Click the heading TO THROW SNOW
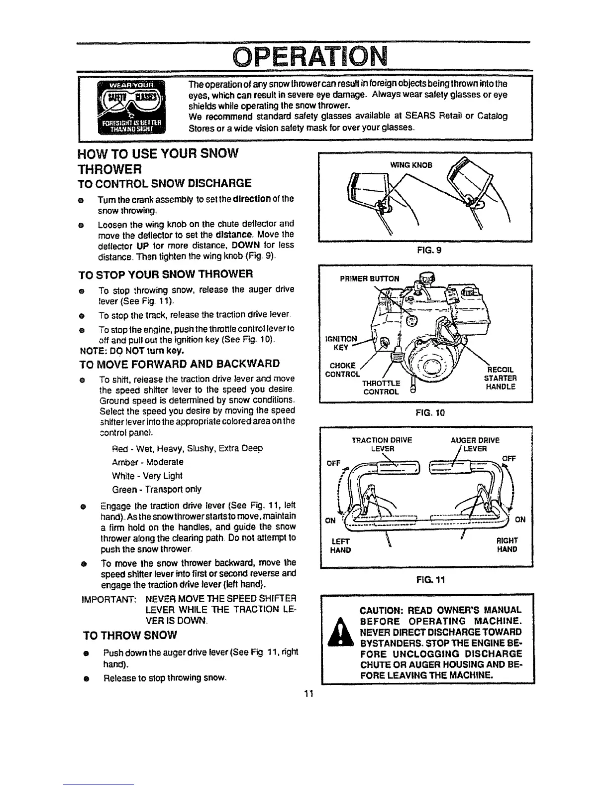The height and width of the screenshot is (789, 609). coord(130,635)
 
